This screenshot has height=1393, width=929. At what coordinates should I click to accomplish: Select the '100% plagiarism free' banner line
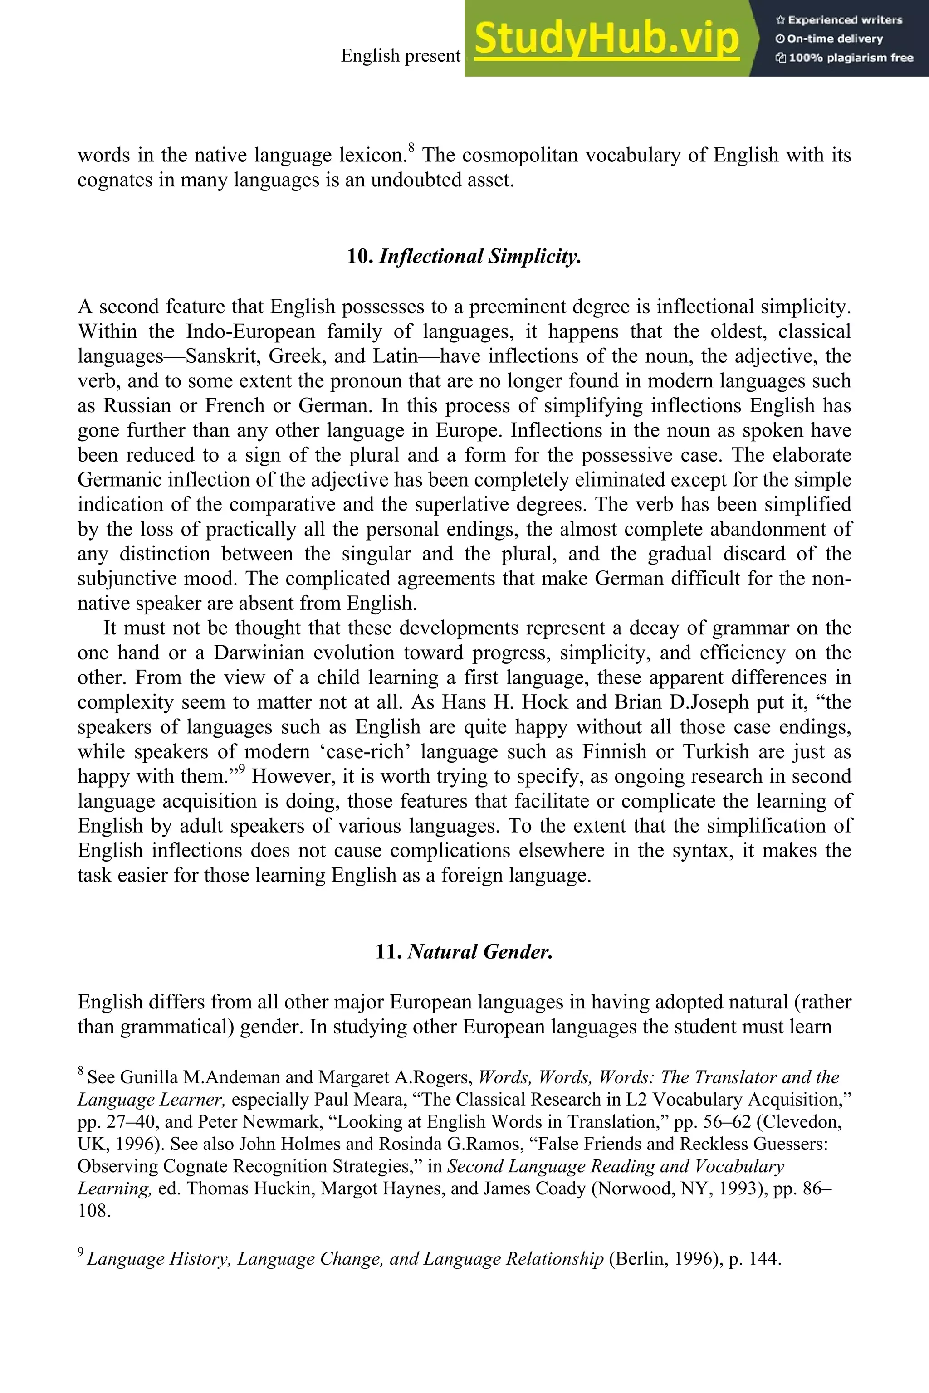(x=844, y=58)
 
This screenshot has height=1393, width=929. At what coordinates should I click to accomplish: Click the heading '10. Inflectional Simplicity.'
(x=464, y=257)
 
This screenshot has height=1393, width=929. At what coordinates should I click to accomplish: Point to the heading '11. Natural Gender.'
(x=464, y=952)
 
